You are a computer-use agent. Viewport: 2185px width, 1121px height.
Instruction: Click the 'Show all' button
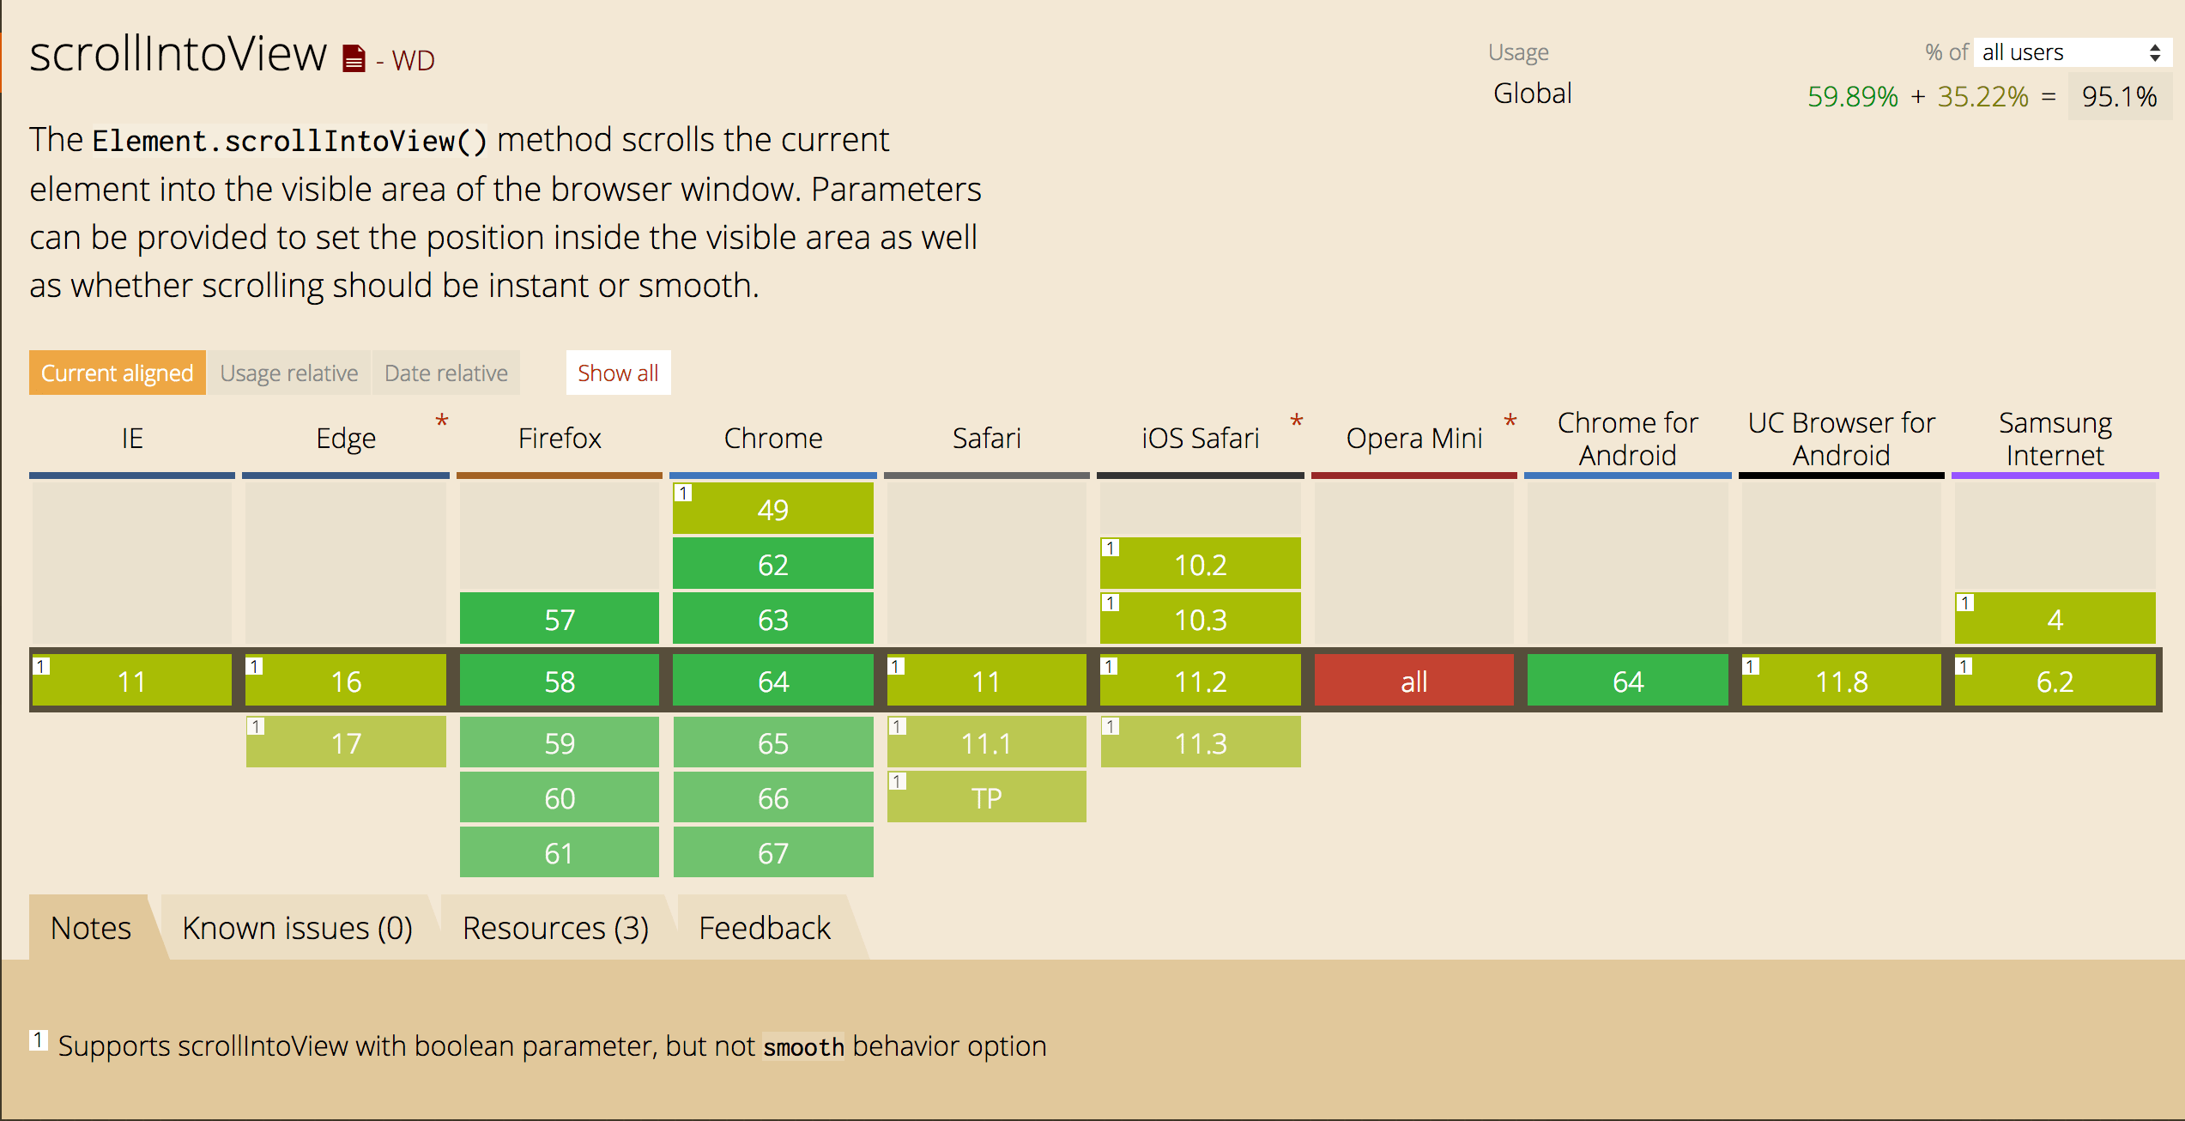point(618,373)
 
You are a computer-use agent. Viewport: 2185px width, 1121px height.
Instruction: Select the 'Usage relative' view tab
point(289,373)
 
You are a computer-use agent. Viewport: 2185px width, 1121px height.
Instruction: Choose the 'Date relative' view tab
point(446,373)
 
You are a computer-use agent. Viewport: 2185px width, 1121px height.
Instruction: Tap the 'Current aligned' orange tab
point(118,373)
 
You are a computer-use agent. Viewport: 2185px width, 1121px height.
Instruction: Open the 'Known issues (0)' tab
point(297,928)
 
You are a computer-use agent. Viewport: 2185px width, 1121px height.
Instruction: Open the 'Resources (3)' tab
point(555,928)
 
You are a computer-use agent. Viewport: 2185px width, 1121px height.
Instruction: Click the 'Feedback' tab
point(765,928)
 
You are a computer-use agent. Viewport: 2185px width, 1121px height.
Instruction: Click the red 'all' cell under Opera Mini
point(1413,681)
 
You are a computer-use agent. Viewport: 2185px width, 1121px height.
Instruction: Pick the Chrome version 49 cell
point(773,509)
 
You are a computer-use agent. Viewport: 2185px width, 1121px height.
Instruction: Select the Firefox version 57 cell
point(560,619)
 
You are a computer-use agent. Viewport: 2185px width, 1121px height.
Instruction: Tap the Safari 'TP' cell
point(987,797)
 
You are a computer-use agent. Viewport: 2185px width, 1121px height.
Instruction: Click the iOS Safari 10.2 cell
point(1201,564)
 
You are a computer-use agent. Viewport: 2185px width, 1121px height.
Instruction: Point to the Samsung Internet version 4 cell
point(2055,619)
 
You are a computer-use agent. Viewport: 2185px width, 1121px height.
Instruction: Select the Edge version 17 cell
point(346,742)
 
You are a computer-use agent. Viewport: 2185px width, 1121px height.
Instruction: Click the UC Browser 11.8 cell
point(1842,681)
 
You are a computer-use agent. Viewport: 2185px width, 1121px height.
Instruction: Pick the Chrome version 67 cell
point(773,852)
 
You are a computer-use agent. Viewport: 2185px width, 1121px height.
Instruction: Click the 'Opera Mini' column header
point(1413,439)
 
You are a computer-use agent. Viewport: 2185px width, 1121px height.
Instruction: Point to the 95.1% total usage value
point(2119,96)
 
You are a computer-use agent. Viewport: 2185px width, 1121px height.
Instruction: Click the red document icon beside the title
point(354,58)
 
